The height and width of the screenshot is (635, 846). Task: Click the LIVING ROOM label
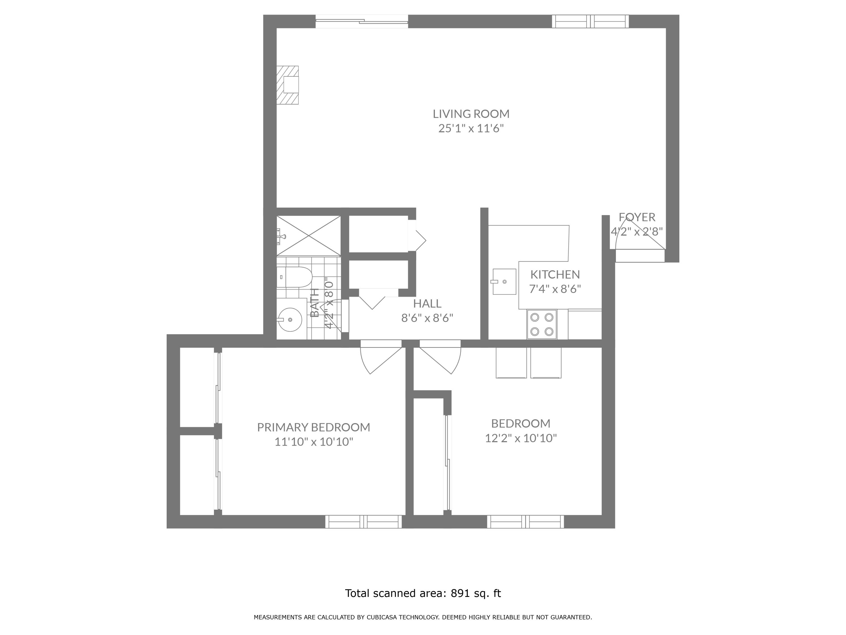point(471,114)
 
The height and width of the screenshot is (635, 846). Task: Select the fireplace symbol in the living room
point(288,85)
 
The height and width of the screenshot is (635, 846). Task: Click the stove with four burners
point(541,324)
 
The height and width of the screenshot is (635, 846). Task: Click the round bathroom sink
point(290,319)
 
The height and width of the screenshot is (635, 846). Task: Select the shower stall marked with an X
point(308,236)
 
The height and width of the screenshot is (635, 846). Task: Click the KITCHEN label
point(555,274)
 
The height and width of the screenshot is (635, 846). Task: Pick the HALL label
point(427,303)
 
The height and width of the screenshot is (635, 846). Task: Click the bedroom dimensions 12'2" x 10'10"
point(521,438)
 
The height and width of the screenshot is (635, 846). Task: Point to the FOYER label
point(637,217)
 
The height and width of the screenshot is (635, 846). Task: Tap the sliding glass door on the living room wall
point(362,21)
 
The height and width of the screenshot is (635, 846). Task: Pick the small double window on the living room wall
point(590,21)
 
